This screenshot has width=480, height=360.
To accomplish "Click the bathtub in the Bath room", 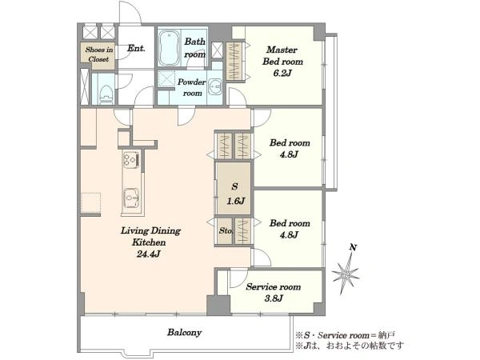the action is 170,47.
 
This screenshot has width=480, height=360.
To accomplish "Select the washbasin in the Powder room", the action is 216,87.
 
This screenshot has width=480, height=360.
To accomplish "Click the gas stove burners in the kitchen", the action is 130,159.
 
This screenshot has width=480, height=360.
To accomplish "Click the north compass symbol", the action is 346,273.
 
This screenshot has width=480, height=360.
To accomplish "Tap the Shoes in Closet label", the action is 99,54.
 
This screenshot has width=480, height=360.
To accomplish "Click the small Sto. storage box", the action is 225,231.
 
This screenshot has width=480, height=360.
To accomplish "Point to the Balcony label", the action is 184,333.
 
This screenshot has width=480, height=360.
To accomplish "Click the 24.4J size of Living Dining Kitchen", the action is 149,254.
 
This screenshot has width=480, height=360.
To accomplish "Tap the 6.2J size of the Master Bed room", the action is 282,73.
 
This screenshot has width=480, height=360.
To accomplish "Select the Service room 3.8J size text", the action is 273,298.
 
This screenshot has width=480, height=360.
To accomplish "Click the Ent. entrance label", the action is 136,48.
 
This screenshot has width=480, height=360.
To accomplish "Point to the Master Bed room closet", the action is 234,62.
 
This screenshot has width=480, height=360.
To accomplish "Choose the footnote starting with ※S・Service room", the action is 346,335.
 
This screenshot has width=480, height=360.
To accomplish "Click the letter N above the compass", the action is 354,247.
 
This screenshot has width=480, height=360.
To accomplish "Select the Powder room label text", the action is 192,87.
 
